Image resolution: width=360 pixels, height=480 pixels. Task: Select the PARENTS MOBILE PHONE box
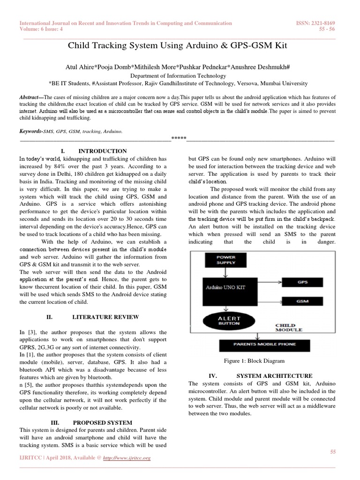(264, 345)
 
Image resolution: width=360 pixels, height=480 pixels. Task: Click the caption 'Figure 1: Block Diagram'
(255, 361)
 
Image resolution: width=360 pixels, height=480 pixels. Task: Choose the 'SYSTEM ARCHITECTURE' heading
(274, 376)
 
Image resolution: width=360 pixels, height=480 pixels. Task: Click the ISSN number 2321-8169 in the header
(323, 23)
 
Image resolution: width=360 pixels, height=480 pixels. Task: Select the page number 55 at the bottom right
(333, 451)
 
